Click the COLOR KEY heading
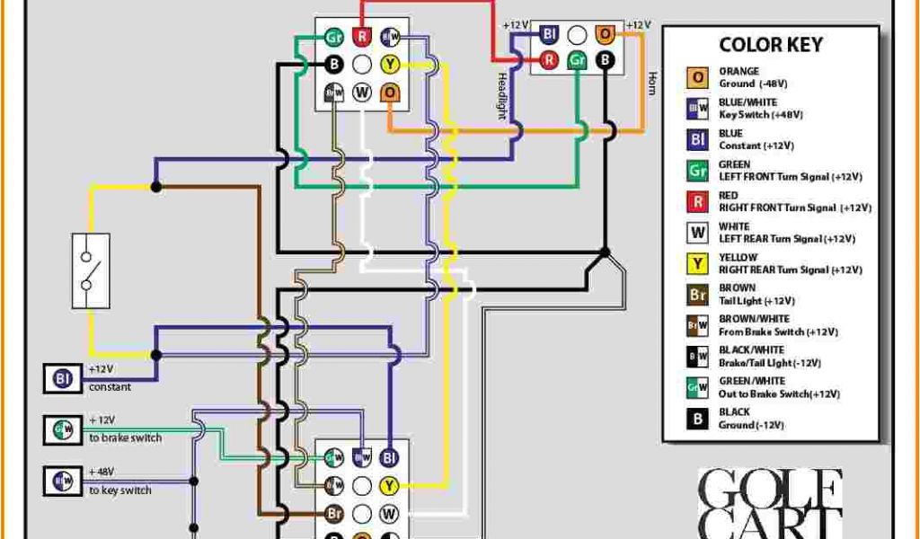[x=770, y=45]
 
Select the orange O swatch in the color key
[x=697, y=77]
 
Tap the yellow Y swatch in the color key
[x=697, y=263]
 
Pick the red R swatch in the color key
[x=697, y=201]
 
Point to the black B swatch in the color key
[x=697, y=419]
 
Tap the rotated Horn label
[x=652, y=83]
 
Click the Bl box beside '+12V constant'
[x=63, y=379]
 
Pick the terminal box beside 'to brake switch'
[x=63, y=430]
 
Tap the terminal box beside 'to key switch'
[x=63, y=482]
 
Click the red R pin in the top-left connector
[x=361, y=37]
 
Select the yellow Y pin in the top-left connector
[x=389, y=65]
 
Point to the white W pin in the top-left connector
[x=361, y=92]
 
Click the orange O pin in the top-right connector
[x=606, y=34]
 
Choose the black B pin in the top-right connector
[x=606, y=60]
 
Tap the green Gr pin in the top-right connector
[x=578, y=60]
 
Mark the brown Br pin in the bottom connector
[x=333, y=514]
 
